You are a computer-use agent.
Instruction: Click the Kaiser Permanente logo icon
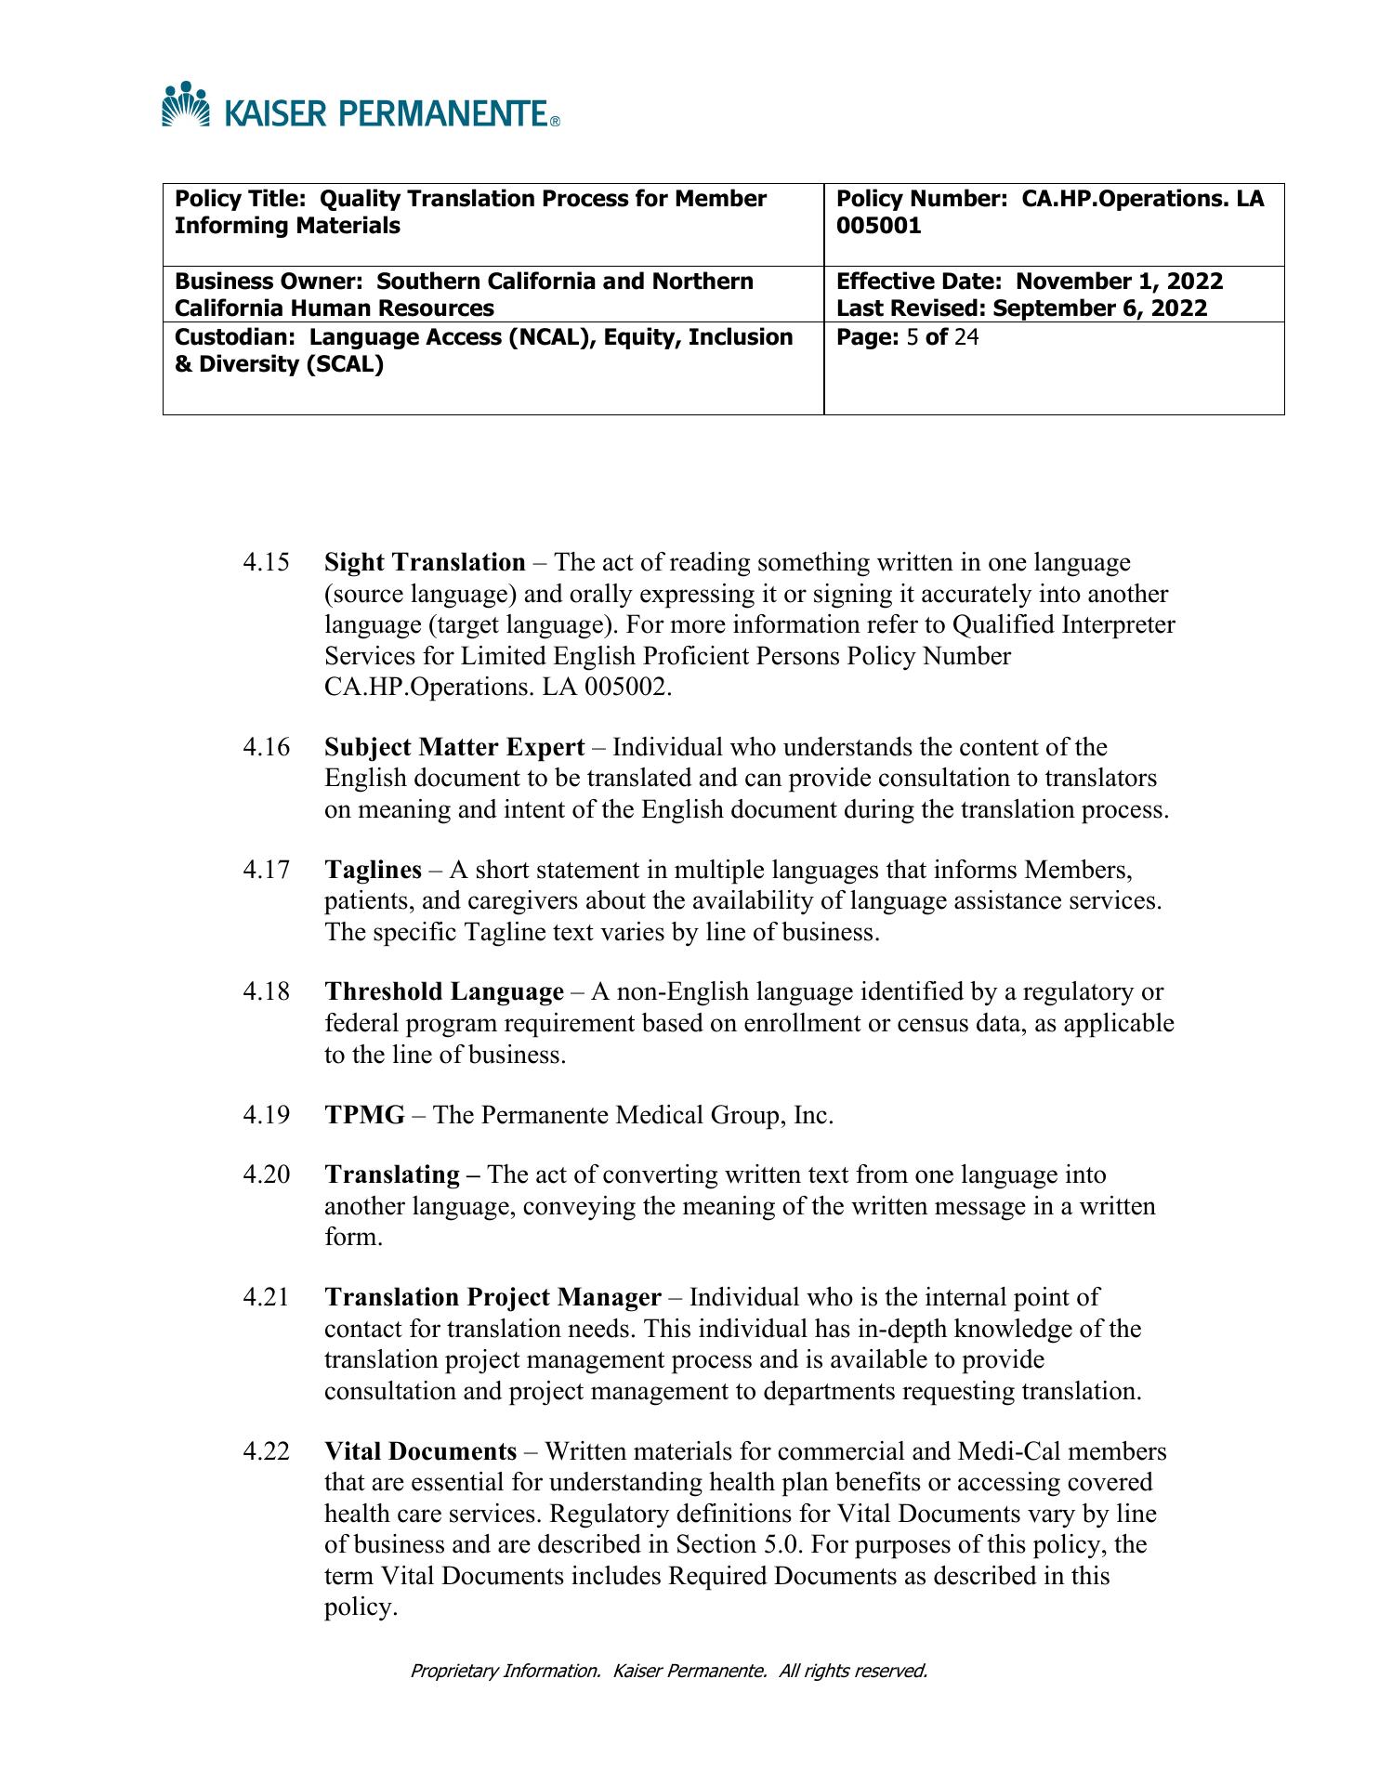coord(186,104)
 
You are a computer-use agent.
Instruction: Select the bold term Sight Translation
coord(425,563)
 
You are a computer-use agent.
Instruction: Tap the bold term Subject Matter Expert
coord(454,747)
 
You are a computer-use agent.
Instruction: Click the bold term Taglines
coord(373,870)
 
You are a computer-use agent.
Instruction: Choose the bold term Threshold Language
coord(444,992)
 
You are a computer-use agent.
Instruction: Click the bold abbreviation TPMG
coord(364,1115)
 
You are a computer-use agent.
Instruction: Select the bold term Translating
coord(392,1175)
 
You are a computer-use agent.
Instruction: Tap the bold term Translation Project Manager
coord(492,1297)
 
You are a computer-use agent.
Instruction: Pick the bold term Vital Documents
coord(420,1451)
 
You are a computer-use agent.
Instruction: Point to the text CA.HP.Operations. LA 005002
coord(497,688)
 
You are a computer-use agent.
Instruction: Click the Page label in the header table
coord(866,336)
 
